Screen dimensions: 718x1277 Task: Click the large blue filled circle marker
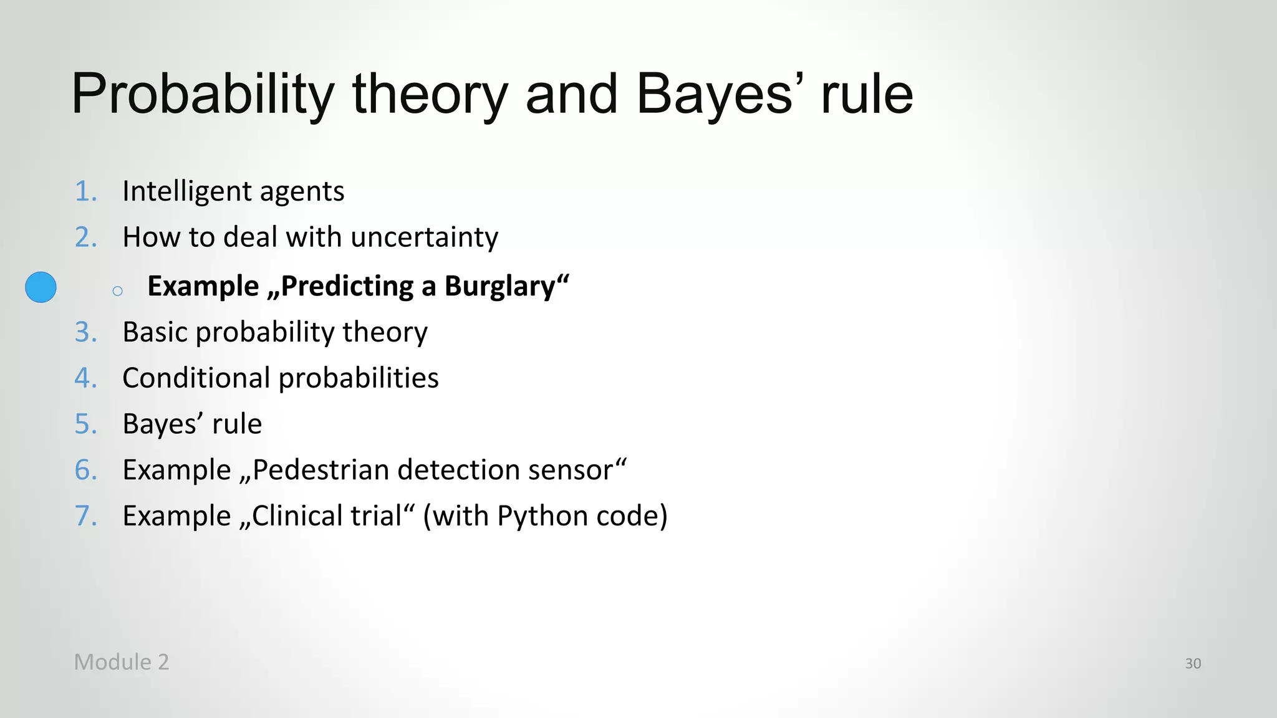41,287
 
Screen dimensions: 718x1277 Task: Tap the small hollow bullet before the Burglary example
117,291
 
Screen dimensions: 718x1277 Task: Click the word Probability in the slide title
203,94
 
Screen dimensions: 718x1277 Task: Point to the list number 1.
85,191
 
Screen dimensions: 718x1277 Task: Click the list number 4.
85,378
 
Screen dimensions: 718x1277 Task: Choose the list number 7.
85,516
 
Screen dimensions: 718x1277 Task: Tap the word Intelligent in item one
186,191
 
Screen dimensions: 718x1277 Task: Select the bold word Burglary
499,287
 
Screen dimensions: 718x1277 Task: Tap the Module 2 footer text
122,662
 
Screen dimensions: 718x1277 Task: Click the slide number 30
1193,664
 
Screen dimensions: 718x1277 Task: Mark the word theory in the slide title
430,94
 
